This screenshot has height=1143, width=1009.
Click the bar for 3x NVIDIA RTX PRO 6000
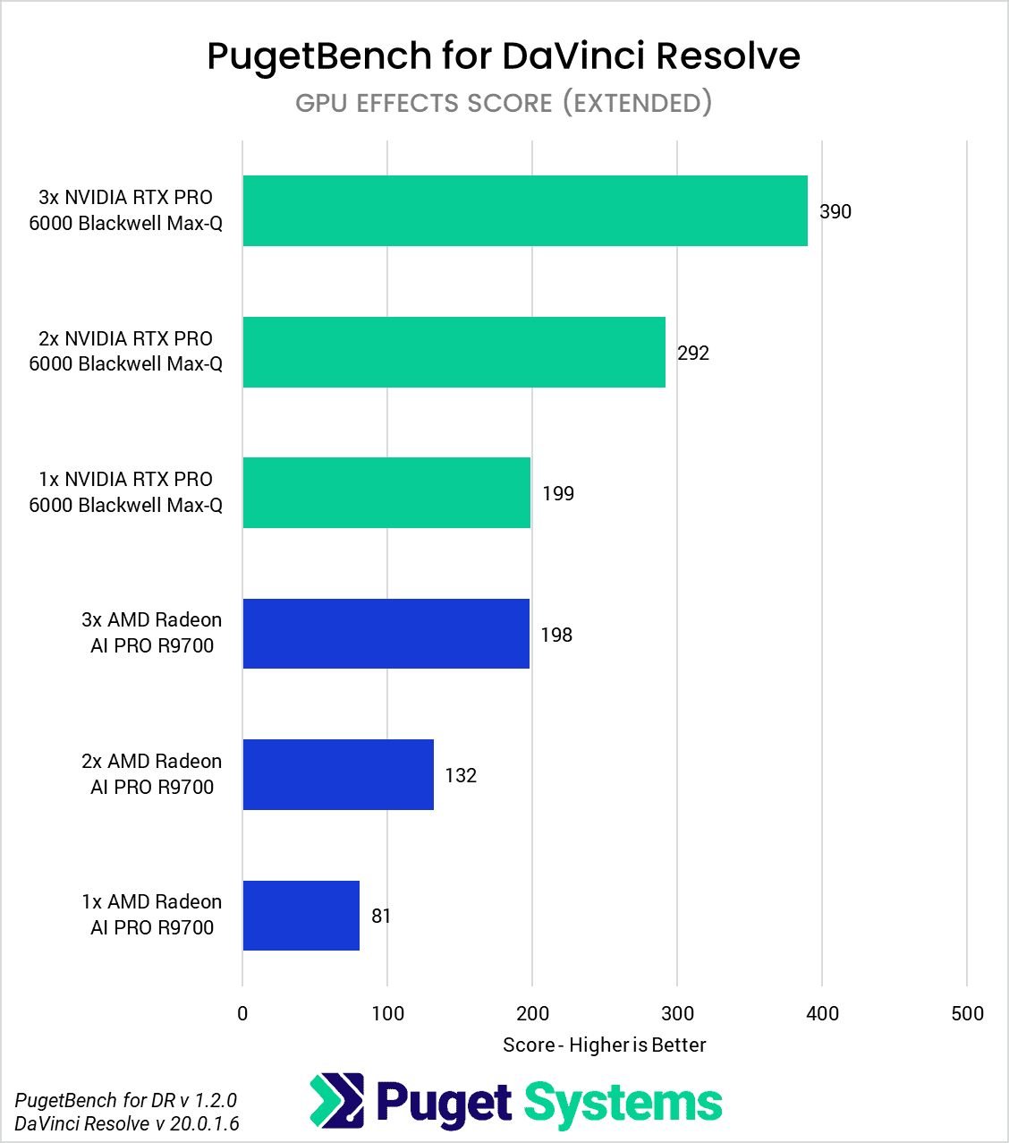525,211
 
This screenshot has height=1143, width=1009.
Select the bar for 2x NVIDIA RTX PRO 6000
454,352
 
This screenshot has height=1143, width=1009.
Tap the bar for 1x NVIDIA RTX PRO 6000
386,493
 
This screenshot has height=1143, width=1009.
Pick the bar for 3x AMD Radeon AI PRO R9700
386,634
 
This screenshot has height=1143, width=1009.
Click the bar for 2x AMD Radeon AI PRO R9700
338,775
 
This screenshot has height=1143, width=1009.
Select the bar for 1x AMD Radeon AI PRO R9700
301,916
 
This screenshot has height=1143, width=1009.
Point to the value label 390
835,212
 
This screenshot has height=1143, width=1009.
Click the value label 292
693,353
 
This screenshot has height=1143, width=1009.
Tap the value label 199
558,494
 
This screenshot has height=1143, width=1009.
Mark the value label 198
556,635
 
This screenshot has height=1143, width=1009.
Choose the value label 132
461,776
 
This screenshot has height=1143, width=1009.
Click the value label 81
381,917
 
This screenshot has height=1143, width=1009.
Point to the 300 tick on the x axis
677,1014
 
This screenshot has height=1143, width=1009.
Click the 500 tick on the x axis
967,1014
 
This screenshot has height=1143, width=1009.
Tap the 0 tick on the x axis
242,1014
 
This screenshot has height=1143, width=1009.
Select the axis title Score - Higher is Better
604,1045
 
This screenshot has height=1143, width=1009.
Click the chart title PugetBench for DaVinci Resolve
504,55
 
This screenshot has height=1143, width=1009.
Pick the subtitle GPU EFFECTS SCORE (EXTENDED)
504,103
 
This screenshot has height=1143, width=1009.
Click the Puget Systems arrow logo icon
337,1100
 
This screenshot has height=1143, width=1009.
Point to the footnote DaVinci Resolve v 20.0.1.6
127,1123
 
